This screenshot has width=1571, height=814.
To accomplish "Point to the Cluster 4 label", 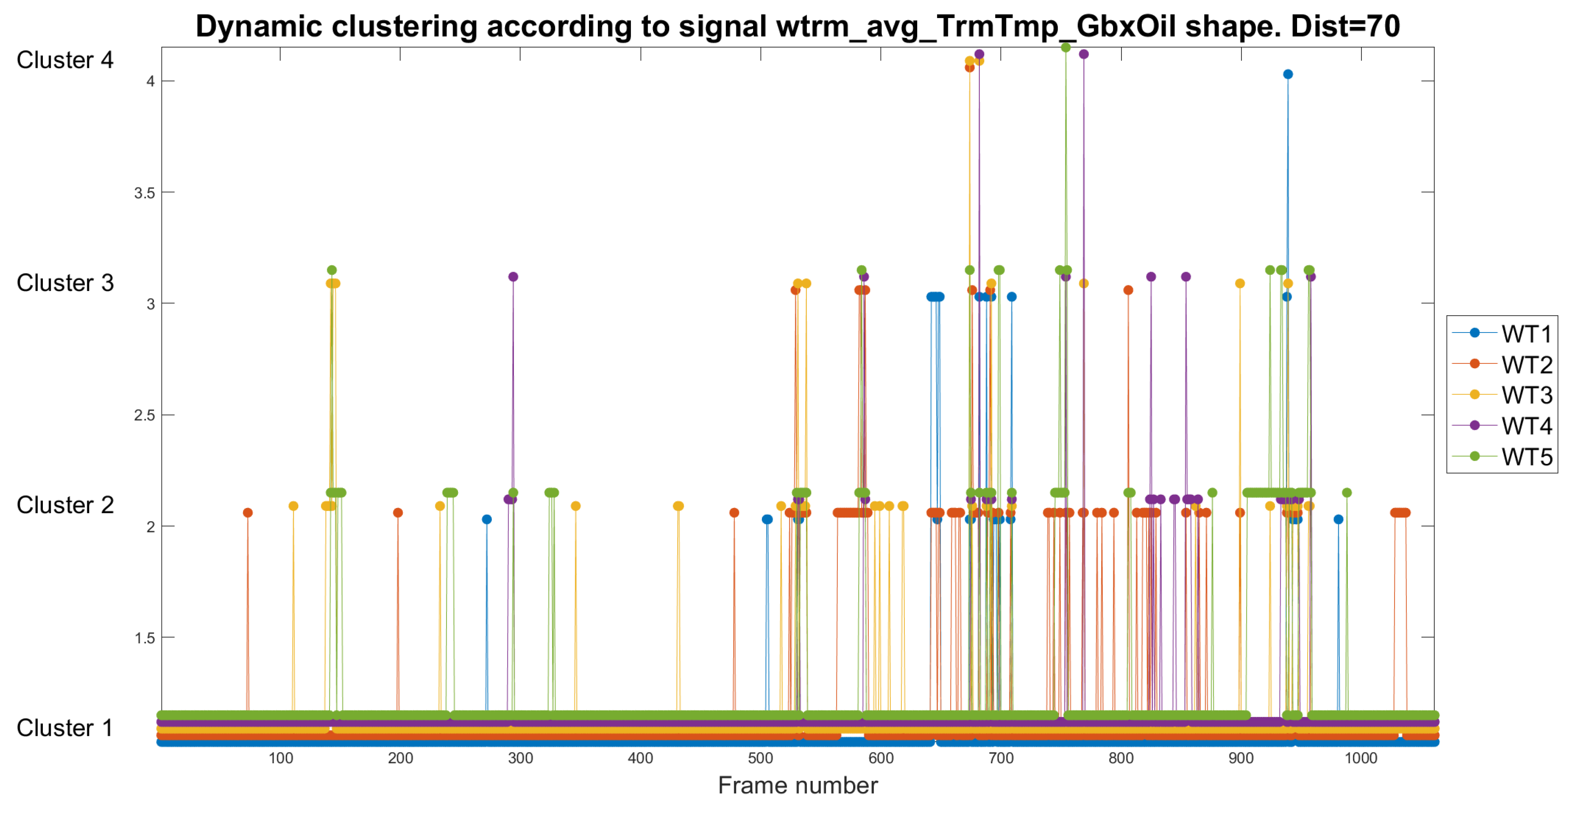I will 65,60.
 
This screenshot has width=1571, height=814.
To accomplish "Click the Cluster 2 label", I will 65,505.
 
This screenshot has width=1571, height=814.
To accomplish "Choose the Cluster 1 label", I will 65,728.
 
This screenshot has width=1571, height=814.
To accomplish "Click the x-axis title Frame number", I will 797,785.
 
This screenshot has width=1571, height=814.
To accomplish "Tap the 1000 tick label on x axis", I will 1360,758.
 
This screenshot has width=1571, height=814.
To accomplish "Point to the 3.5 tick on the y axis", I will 145,193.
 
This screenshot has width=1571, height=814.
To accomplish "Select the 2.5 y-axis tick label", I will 145,415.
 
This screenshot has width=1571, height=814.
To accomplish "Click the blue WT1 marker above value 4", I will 1287,75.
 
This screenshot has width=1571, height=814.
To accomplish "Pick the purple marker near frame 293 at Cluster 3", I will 513,277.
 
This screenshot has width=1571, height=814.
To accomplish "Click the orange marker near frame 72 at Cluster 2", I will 247,513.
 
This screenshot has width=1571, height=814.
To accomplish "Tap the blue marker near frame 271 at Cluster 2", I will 487,519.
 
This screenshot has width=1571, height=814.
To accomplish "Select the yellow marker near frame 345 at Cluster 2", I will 575,506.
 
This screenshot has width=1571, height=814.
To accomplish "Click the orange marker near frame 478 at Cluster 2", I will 734,513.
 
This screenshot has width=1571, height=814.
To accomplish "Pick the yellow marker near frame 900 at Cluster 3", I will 1239,284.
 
